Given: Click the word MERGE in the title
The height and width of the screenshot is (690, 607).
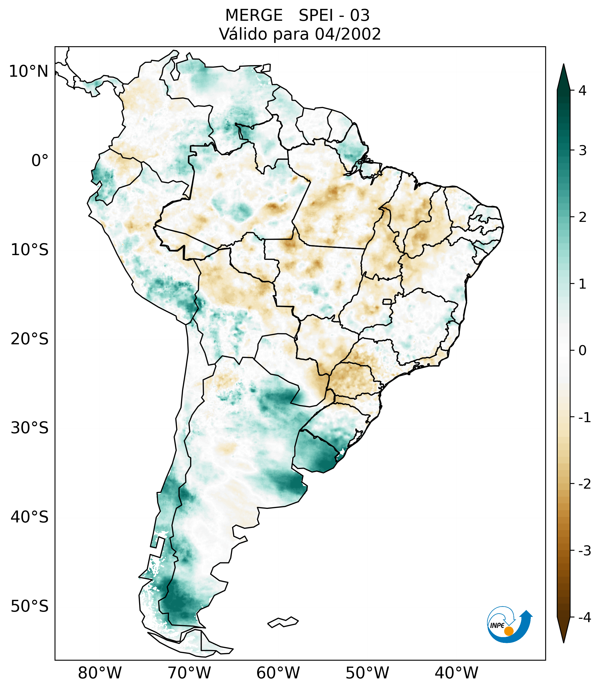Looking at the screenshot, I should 253,16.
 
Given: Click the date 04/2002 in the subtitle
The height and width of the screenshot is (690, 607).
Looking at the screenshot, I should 348,34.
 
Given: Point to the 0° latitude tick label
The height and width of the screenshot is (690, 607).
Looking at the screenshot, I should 40,161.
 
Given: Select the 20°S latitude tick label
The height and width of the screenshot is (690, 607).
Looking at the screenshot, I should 30,339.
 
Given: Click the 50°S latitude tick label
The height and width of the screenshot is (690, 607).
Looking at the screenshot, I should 30,607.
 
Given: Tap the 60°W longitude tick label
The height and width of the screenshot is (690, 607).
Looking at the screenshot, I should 278,673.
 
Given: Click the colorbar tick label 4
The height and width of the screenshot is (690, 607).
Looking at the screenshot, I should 582,91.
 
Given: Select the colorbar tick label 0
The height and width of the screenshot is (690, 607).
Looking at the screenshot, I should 582,351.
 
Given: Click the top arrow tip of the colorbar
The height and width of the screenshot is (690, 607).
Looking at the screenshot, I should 564,65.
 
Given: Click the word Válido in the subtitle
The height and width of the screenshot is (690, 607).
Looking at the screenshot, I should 241,34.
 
